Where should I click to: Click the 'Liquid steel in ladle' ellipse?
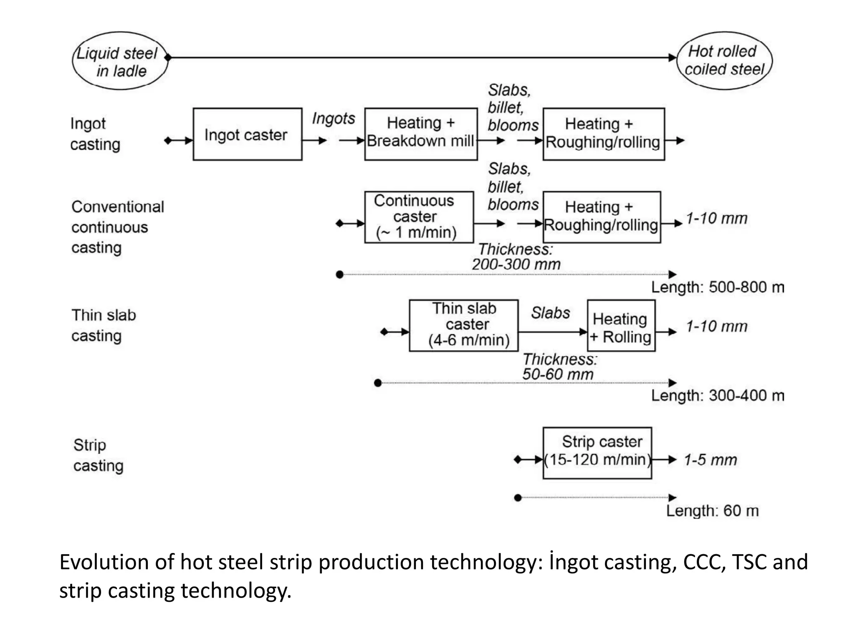point(120,61)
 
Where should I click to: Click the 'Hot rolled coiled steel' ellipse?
point(724,61)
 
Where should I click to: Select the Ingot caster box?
point(247,134)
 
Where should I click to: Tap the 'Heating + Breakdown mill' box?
point(420,134)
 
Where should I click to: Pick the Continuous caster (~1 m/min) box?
point(419,217)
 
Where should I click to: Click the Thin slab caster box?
point(463,326)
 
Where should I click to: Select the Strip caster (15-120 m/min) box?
point(597,453)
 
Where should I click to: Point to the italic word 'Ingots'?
point(333,119)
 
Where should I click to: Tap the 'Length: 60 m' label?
point(712,511)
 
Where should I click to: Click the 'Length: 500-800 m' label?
point(717,288)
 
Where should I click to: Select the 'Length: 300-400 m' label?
point(717,396)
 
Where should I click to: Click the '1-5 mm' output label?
point(710,460)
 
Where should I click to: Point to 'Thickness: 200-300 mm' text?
point(516,257)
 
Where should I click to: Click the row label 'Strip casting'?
point(98,455)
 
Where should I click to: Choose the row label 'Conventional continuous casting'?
point(117,227)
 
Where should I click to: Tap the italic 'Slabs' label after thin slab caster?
point(550,313)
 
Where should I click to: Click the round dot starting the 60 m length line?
point(518,498)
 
